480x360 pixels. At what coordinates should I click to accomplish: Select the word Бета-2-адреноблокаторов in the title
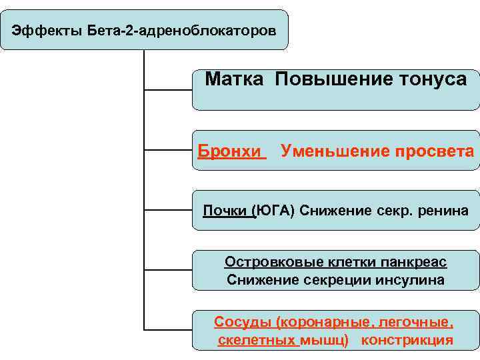(x=181, y=31)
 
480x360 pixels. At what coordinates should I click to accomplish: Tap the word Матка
(x=236, y=79)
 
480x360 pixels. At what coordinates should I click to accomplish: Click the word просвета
(x=433, y=151)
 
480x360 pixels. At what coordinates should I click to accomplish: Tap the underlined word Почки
(x=227, y=211)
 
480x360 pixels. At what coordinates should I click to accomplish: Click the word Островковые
(x=276, y=262)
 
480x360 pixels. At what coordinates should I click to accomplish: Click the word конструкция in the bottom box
(x=407, y=340)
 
